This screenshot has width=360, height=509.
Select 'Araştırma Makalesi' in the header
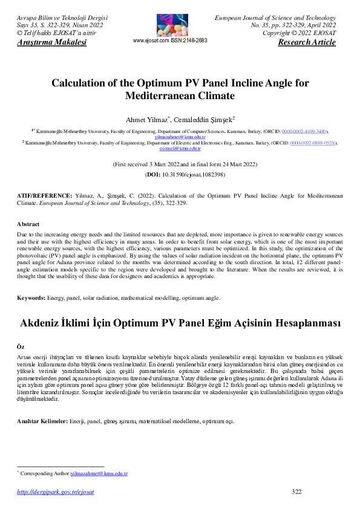(x=50, y=43)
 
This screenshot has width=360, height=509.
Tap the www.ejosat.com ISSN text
(x=169, y=41)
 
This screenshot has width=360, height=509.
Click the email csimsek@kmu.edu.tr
(x=180, y=148)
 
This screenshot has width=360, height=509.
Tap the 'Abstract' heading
(x=28, y=224)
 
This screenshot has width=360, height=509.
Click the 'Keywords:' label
(x=31, y=298)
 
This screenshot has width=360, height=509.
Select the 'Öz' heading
(x=21, y=348)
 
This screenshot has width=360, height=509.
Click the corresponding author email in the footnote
(x=99, y=474)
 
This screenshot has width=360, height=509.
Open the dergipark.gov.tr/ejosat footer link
(x=56, y=492)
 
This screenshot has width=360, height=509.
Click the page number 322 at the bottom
(x=296, y=491)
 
